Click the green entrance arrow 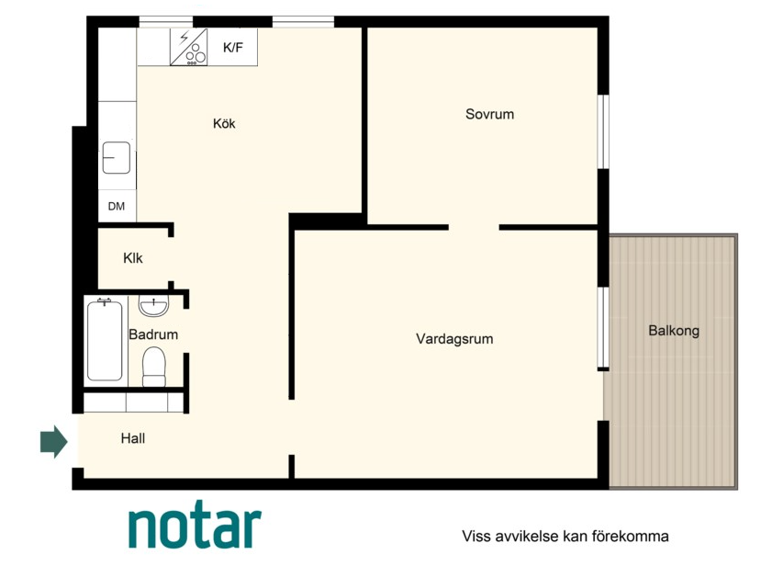[x=53, y=442]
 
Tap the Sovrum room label [x=489, y=114]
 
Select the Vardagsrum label [x=454, y=339]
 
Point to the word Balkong [x=674, y=331]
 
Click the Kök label [x=224, y=123]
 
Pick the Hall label [x=133, y=438]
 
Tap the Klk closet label [x=133, y=258]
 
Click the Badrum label [x=153, y=334]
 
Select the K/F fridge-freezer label [x=233, y=48]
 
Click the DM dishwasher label [x=117, y=206]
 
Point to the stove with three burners [x=189, y=47]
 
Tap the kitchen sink [x=117, y=158]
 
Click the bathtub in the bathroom [x=105, y=341]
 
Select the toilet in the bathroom [x=154, y=367]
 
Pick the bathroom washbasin [x=153, y=306]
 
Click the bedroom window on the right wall [x=603, y=131]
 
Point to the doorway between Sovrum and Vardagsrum [x=474, y=227]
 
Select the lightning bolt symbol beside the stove [x=185, y=38]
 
